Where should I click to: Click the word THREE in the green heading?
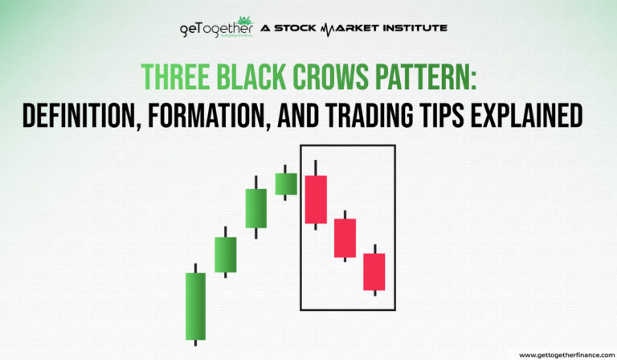point(171,77)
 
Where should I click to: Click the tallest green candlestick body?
point(195,306)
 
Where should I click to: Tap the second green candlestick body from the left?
point(226,254)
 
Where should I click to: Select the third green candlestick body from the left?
point(255,208)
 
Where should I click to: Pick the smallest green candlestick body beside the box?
point(286,183)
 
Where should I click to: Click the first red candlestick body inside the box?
point(316,199)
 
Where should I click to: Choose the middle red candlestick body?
point(345,238)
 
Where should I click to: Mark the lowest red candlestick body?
point(374,272)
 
